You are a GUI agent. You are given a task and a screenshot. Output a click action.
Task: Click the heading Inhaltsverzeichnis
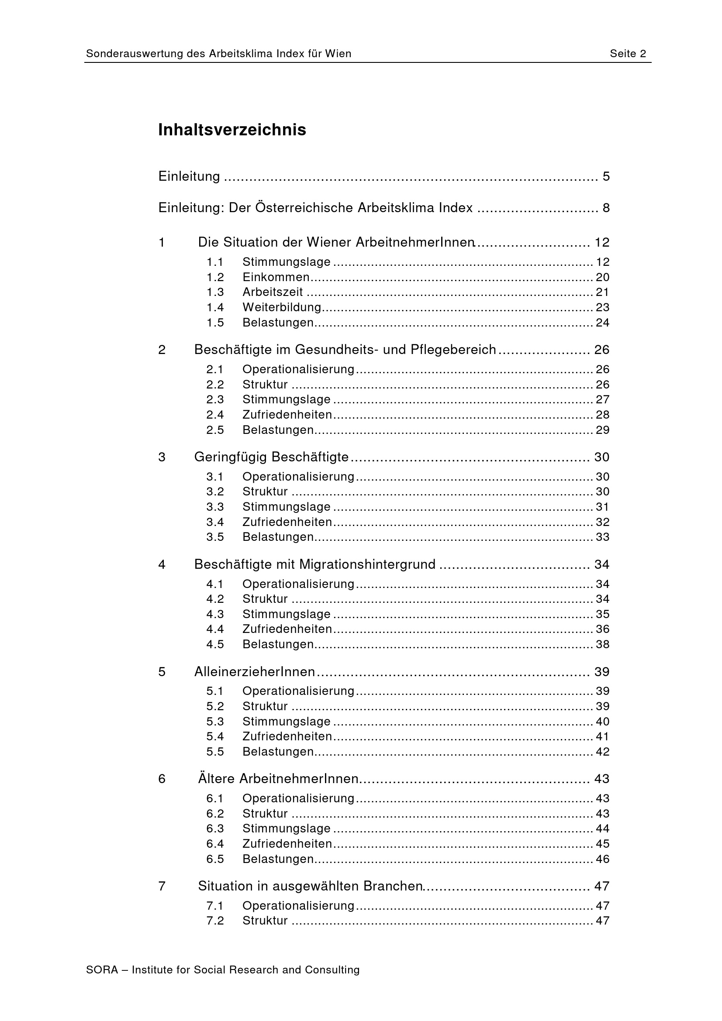point(232,130)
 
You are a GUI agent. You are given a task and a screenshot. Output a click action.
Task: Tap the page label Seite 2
point(628,54)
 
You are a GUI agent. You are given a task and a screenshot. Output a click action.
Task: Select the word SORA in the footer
point(102,969)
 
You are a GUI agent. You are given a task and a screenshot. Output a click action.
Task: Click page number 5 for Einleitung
point(606,176)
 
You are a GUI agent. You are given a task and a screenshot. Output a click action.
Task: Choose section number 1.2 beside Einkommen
point(215,277)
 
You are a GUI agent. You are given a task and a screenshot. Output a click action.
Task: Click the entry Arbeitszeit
point(272,292)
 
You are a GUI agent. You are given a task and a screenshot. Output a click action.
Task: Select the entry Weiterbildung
point(282,307)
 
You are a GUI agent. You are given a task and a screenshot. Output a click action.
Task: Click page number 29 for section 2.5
point(602,430)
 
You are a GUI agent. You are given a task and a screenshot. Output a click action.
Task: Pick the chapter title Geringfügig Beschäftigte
point(271,457)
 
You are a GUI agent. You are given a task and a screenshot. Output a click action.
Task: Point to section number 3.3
point(215,506)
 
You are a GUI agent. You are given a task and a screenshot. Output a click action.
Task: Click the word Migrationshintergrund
point(367,564)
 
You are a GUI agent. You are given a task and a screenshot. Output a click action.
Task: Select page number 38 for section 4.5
point(602,644)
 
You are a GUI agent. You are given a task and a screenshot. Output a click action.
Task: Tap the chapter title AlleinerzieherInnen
point(255,671)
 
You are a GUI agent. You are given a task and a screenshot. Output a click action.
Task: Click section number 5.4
point(215,736)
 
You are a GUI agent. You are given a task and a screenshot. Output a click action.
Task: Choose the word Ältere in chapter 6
point(216,779)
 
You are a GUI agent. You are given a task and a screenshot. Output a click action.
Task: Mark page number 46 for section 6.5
point(602,859)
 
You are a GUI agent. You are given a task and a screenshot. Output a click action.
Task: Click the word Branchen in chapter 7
point(392,886)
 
